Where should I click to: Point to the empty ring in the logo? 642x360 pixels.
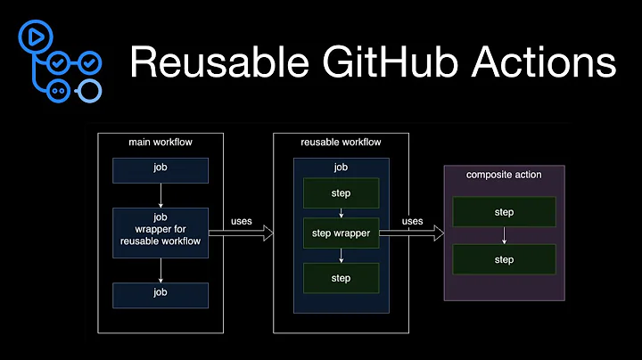click(x=90, y=90)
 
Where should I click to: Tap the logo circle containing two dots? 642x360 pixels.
click(x=60, y=90)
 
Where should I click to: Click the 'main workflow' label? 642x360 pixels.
click(x=160, y=143)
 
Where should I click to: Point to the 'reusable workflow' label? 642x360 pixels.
click(x=341, y=143)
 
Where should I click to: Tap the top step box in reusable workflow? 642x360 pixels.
click(x=341, y=193)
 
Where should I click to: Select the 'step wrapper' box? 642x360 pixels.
click(x=341, y=233)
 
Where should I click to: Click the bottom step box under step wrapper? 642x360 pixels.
click(x=341, y=278)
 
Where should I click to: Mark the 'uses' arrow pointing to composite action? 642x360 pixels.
click(x=412, y=233)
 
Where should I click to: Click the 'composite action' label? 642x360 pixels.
click(x=503, y=175)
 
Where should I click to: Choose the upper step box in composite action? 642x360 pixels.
click(x=503, y=211)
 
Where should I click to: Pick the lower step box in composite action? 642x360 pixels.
click(x=503, y=260)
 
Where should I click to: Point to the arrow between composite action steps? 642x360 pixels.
click(x=504, y=236)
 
